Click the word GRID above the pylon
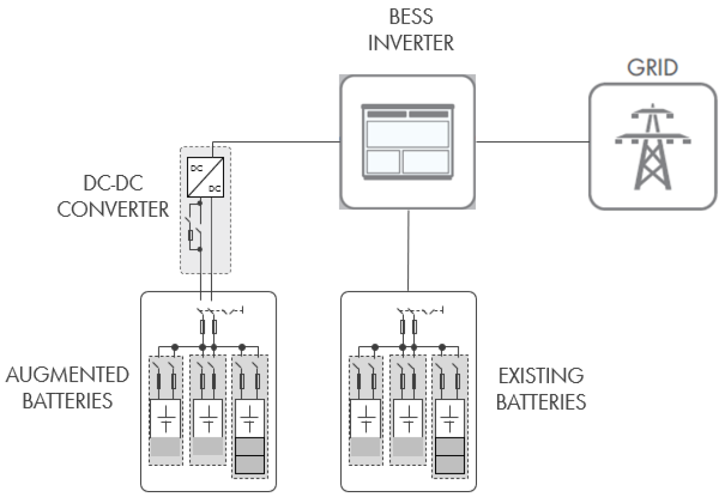(652, 68)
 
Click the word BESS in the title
(411, 17)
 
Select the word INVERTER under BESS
(411, 43)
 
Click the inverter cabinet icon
(408, 141)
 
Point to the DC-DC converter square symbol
(205, 177)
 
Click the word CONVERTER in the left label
(113, 209)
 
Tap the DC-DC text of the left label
(113, 184)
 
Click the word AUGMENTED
(68, 375)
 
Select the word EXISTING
(541, 376)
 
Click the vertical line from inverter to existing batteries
(409, 250)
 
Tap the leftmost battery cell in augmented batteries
(165, 419)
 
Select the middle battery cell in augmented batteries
(207, 419)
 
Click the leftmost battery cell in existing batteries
(365, 419)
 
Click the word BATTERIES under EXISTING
(541, 401)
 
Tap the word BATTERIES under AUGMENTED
(68, 400)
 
